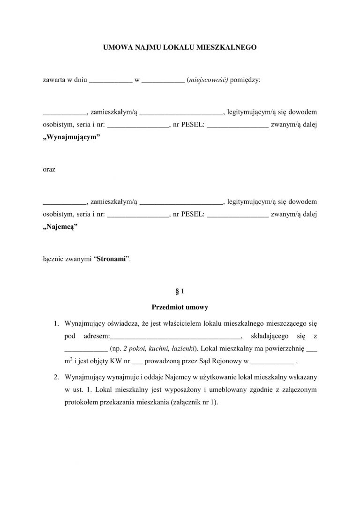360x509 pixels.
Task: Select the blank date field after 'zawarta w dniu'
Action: [110, 80]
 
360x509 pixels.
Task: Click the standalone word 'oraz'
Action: [49, 169]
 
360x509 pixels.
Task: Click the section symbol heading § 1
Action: [180, 291]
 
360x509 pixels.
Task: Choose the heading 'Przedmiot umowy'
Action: [180, 307]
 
